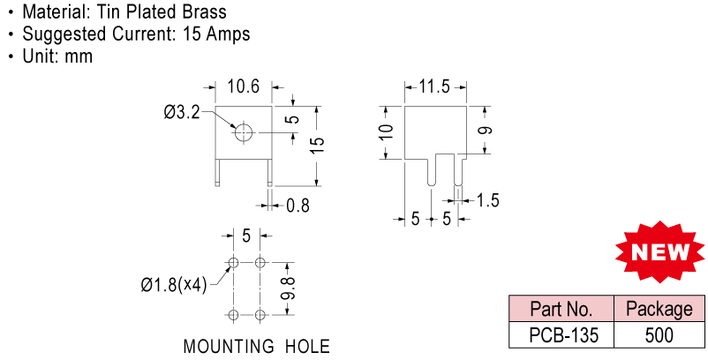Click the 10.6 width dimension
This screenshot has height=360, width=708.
243,86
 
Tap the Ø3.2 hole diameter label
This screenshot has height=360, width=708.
181,112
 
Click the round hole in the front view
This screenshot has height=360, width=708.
243,132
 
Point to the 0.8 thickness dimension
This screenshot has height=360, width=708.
298,206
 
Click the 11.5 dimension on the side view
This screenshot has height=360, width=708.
434,86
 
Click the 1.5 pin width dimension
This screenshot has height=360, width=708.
487,200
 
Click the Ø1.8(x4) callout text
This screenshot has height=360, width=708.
173,285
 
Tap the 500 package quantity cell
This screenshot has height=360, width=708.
659,335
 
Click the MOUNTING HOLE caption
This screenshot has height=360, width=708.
256,346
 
